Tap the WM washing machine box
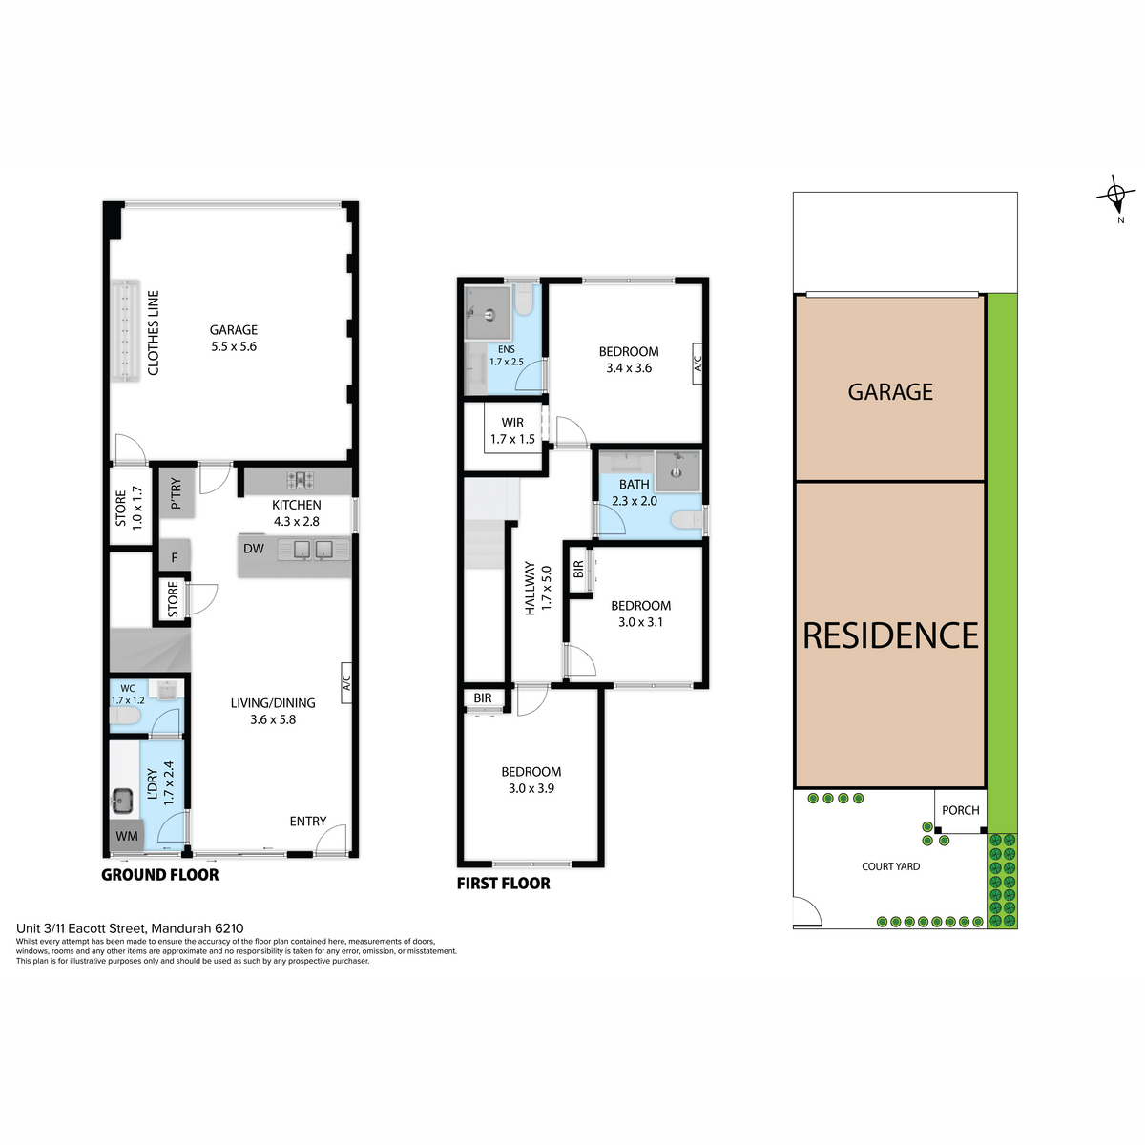pos(127,837)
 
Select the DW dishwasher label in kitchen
pos(254,549)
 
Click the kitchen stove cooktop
pos(301,480)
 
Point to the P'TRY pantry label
pos(176,493)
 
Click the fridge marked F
pos(175,556)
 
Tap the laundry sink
pos(122,800)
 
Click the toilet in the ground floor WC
pos(125,715)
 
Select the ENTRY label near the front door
pos(308,822)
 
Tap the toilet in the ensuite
pos(524,300)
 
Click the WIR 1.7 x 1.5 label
pos(512,430)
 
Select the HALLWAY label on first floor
pos(530,589)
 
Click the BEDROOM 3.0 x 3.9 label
pos(531,780)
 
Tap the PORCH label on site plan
pos(960,810)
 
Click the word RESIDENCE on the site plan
pos(890,635)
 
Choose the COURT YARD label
pos(890,866)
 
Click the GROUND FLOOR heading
pos(160,875)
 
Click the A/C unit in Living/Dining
pos(346,683)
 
